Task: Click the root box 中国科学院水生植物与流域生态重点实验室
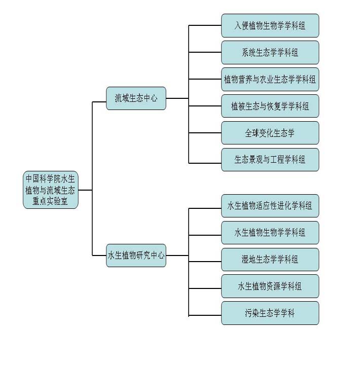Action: click(x=51, y=190)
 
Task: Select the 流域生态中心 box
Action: click(x=136, y=98)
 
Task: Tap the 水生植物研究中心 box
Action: click(x=136, y=255)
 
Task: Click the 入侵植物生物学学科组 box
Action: click(x=270, y=25)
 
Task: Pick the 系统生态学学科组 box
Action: click(x=270, y=52)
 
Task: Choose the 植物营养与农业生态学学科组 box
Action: click(x=270, y=79)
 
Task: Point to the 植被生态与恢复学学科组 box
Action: click(x=270, y=106)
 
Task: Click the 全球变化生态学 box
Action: click(x=270, y=133)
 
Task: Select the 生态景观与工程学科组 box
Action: click(x=270, y=160)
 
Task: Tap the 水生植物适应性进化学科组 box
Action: click(x=270, y=206)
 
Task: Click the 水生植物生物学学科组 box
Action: click(x=270, y=233)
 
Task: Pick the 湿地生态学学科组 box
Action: click(x=270, y=260)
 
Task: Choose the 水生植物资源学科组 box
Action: click(x=270, y=286)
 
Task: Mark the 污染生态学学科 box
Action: click(x=270, y=313)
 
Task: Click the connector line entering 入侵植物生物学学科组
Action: click(x=205, y=25)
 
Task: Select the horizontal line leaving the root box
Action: click(x=85, y=190)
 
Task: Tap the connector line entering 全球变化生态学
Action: click(x=205, y=133)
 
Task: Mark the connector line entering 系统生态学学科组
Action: click(x=205, y=52)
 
